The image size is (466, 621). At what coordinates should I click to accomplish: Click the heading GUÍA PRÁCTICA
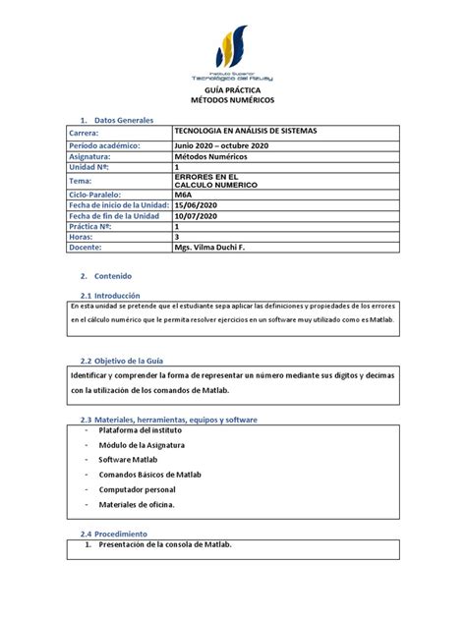[233, 89]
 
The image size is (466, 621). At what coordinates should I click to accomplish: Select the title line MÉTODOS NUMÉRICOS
[233, 100]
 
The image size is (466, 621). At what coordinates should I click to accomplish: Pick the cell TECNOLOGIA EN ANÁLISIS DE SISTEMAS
[253, 131]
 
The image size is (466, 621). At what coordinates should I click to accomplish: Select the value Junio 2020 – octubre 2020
[220, 144]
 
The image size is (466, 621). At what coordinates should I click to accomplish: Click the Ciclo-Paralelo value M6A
[184, 196]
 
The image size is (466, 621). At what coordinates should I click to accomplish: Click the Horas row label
[83, 237]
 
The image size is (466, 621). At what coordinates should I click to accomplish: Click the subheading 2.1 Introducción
[110, 295]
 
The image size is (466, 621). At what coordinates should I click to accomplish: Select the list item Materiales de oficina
[137, 504]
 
